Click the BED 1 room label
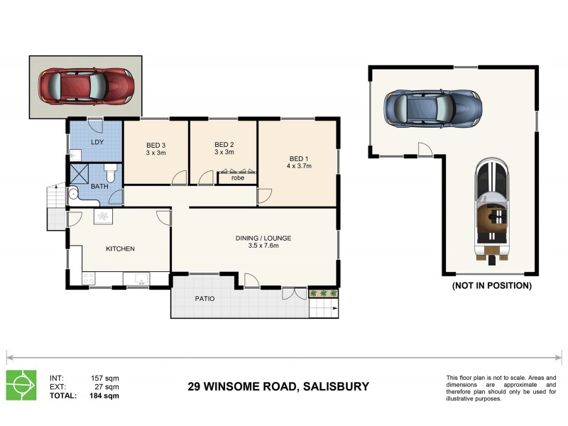pos(298,158)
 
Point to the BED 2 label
pos(224,145)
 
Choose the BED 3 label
pos(155,145)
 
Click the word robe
pos(237,177)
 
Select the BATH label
pos(89,187)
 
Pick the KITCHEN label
pos(120,248)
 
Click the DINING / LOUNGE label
pos(263,238)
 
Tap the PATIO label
pos(204,298)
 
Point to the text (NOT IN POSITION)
pos(491,285)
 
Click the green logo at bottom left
pos(21,385)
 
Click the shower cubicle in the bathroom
pos(80,174)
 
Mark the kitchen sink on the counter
pos(139,280)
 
